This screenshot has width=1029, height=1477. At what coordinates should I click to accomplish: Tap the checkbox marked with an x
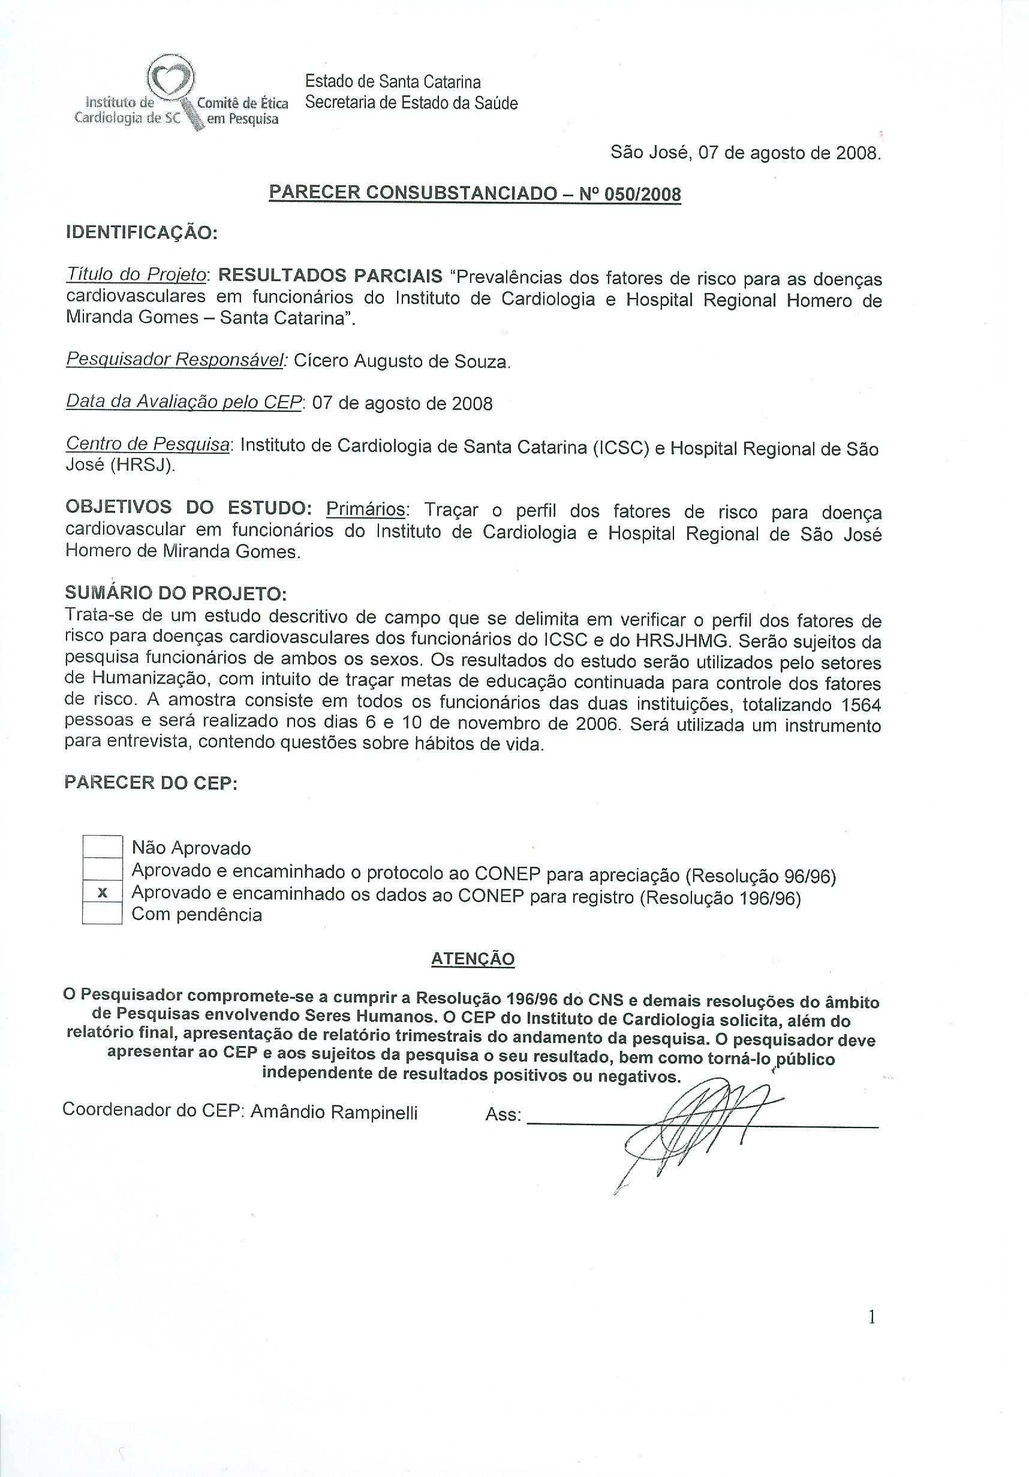[103, 893]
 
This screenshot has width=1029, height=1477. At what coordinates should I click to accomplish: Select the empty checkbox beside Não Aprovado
[103, 846]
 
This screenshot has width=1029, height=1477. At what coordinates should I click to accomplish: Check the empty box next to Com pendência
[103, 914]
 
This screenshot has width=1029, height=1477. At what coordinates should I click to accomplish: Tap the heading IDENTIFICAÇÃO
[142, 232]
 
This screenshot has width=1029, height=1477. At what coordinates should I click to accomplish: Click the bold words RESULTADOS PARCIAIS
[330, 276]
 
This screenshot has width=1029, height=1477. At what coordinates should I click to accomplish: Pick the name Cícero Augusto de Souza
[402, 361]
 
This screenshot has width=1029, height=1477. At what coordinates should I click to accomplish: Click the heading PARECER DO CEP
[151, 783]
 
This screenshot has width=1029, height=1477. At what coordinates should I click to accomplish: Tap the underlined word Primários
[366, 510]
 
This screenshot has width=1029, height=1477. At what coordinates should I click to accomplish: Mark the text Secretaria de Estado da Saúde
[411, 103]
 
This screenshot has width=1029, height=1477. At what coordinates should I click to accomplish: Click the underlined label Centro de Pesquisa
[148, 445]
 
